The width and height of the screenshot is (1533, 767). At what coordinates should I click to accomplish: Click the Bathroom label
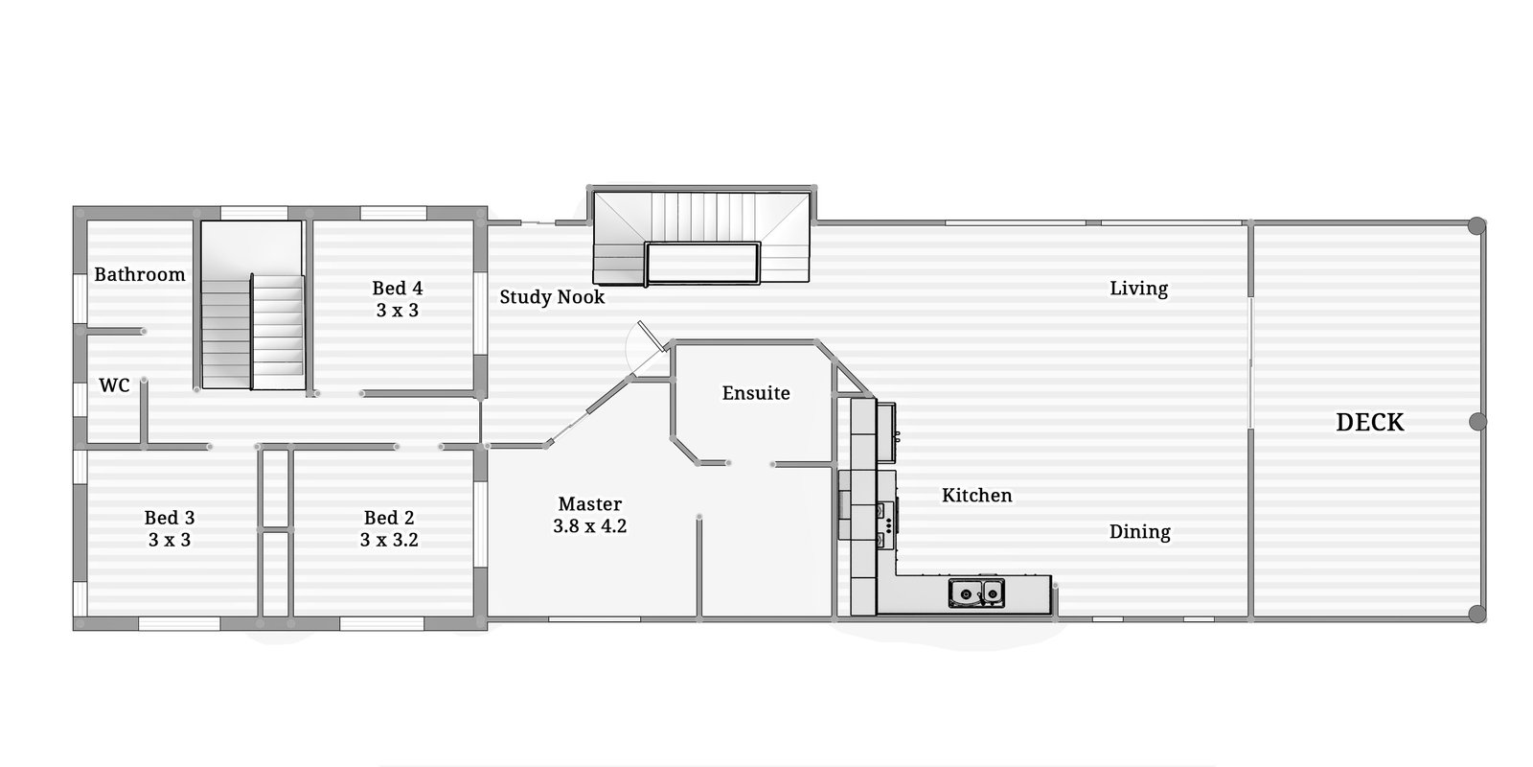pos(140,274)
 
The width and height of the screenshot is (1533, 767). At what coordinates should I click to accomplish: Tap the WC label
pos(114,385)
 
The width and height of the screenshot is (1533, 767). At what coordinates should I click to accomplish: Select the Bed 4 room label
pos(397,288)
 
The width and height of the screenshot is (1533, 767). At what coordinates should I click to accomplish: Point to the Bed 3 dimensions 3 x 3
pos(170,540)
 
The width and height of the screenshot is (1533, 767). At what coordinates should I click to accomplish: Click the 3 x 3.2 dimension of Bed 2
pos(389,540)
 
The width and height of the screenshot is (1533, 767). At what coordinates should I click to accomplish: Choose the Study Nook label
pos(552,297)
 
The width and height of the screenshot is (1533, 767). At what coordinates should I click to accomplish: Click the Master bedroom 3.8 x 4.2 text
pos(589,525)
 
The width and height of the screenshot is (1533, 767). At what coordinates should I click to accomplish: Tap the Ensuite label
pos(756,393)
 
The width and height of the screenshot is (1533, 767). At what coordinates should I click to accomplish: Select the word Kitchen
pos(976,496)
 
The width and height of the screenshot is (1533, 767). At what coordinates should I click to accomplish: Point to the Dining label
pos(1139,532)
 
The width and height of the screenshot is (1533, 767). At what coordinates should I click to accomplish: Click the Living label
pos(1138,289)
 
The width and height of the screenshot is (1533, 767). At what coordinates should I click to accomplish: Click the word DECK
pos(1369,423)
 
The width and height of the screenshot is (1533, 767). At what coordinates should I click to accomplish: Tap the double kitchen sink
pos(976,593)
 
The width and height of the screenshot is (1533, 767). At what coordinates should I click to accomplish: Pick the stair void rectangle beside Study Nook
pos(702,264)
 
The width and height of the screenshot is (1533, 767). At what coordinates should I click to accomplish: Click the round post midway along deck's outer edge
pos(1477,422)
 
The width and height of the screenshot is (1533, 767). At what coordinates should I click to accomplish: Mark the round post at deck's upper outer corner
pos(1477,226)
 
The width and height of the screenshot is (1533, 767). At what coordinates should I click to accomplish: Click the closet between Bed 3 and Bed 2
pos(276,532)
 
